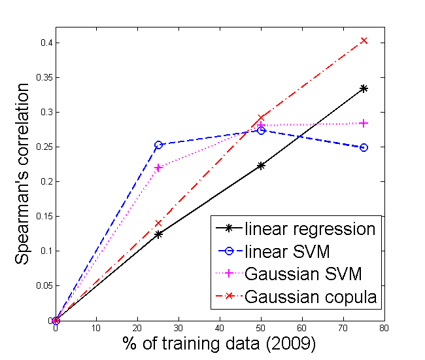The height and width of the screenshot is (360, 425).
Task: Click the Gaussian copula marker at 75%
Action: pos(364,41)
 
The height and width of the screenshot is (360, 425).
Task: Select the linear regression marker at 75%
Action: pos(364,88)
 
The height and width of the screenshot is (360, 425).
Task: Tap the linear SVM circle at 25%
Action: pos(158,145)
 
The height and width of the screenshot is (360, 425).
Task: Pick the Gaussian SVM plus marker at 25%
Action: pos(158,168)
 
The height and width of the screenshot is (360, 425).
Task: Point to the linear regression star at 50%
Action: pos(261,166)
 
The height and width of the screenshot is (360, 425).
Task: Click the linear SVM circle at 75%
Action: pos(364,147)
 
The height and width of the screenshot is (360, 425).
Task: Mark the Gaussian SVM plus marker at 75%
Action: pos(364,123)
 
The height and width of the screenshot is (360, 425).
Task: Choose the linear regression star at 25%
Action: pos(158,234)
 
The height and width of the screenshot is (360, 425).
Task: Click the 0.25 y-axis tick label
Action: pos(44,147)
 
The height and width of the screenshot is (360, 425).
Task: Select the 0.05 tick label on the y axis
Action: pos(44,285)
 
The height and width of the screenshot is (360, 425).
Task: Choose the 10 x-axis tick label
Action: pos(97,328)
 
